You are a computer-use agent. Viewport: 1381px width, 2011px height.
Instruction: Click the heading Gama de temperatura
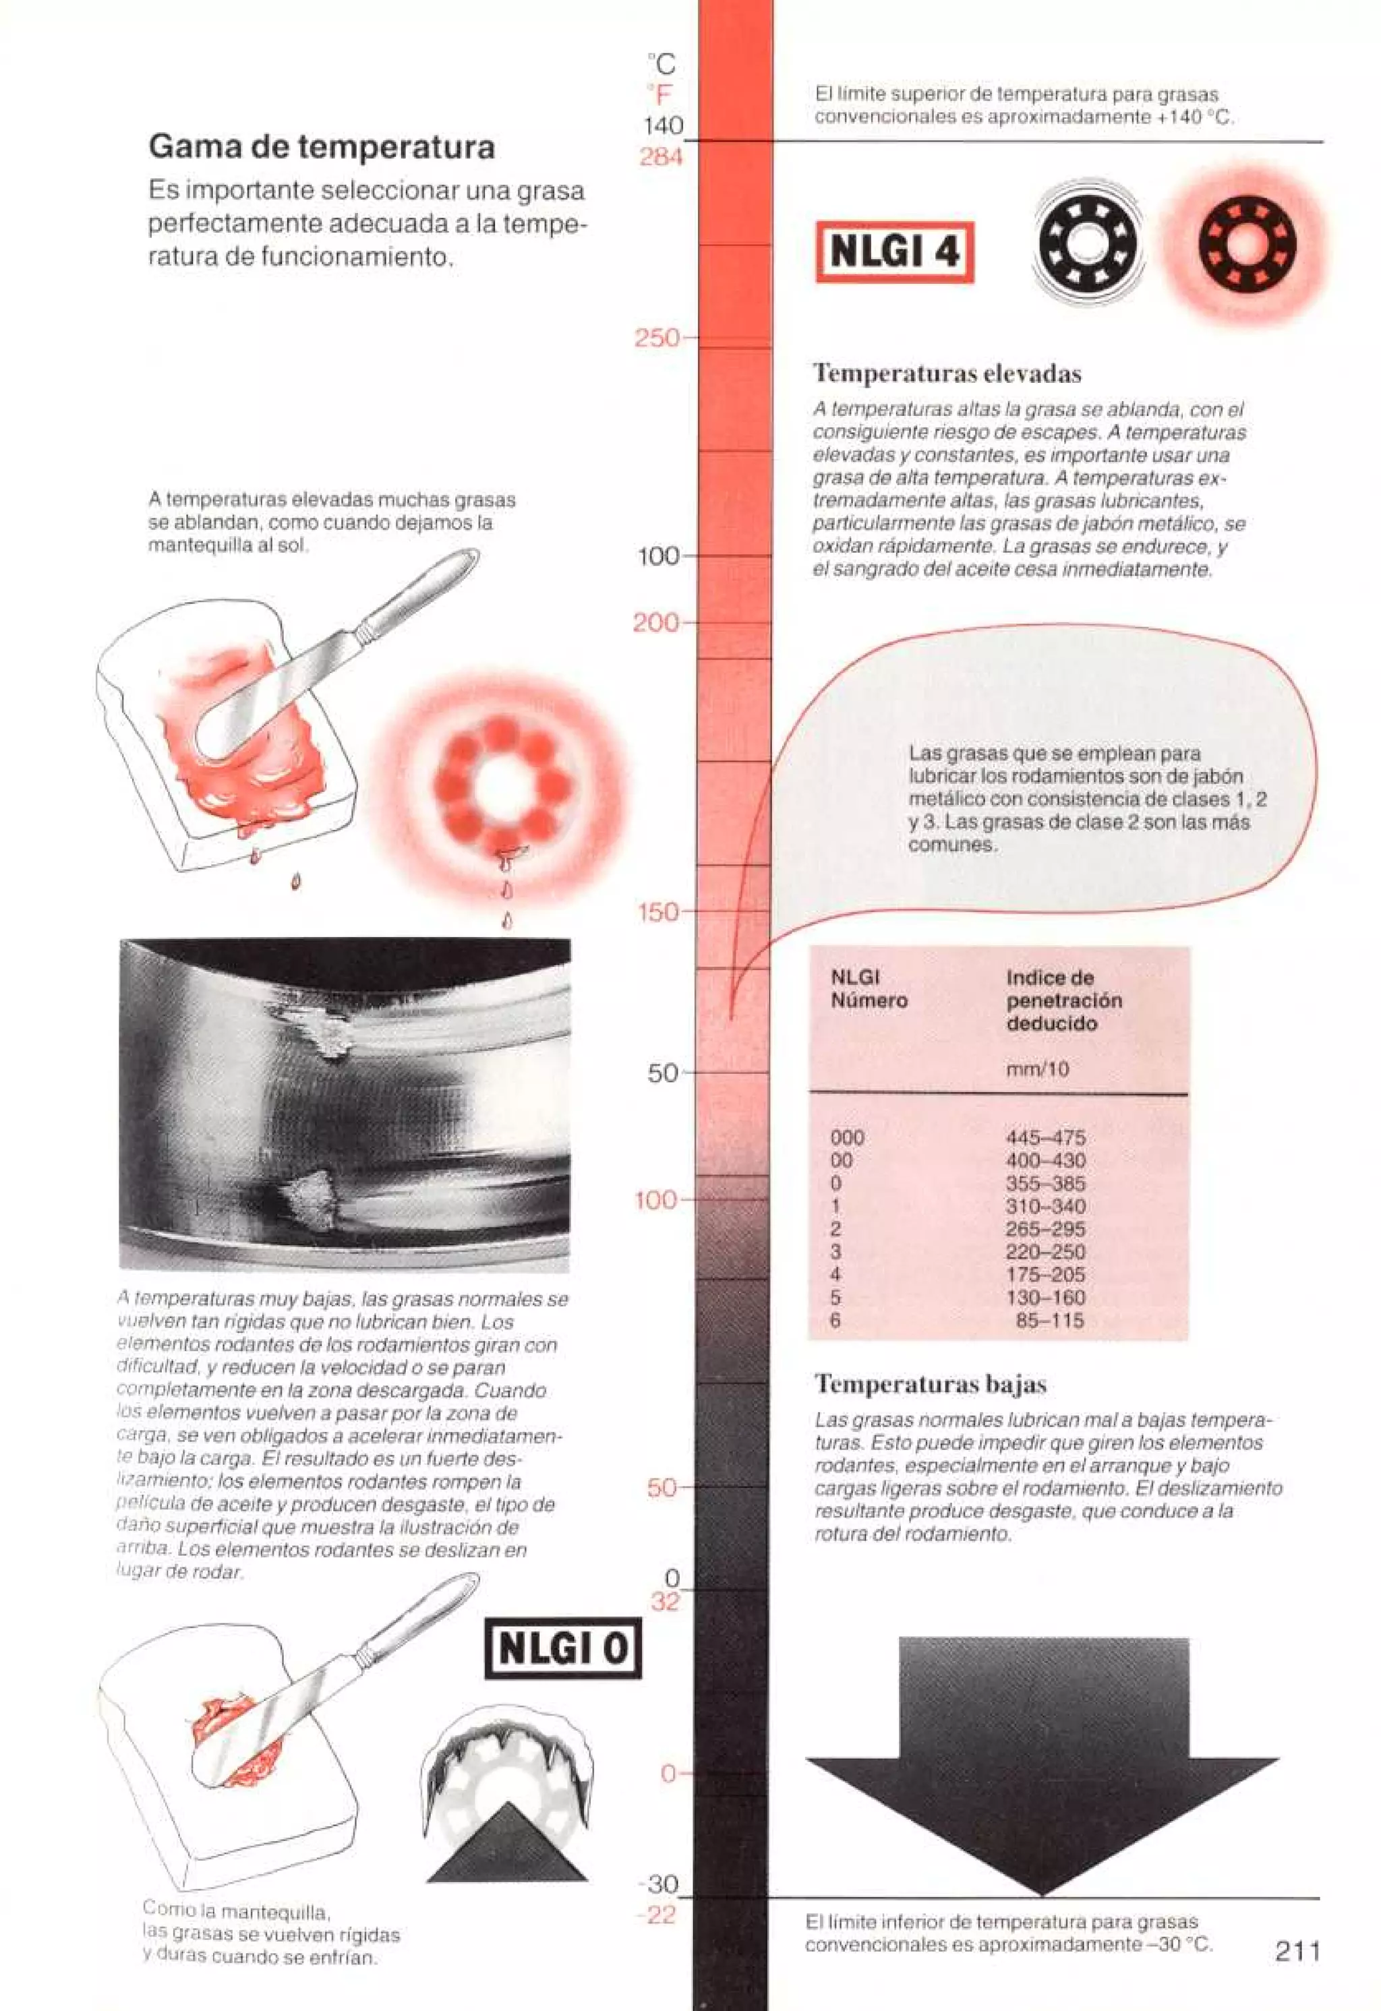click(321, 146)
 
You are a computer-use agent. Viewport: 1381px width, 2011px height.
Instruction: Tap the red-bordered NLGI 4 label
click(894, 252)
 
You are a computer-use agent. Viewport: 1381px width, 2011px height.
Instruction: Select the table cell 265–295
click(1045, 1229)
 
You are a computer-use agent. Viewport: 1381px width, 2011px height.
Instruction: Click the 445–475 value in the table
click(1045, 1138)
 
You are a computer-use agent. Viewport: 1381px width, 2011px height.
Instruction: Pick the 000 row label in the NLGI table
click(846, 1138)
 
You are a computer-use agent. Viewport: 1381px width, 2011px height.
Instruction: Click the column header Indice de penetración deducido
click(1063, 1000)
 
